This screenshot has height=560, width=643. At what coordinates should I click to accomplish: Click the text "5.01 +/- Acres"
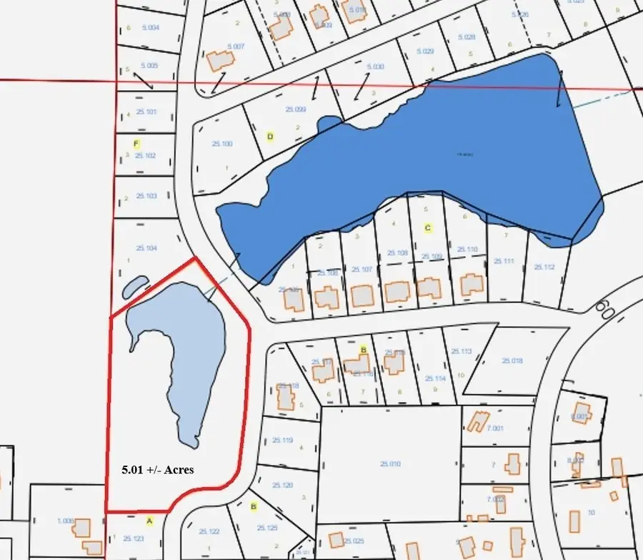tap(157, 470)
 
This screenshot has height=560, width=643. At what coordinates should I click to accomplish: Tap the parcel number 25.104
tap(146, 248)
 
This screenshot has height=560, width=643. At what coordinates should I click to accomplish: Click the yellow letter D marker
tap(270, 136)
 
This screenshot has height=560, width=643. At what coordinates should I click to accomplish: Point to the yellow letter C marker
tap(428, 228)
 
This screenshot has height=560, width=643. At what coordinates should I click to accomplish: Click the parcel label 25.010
tap(390, 464)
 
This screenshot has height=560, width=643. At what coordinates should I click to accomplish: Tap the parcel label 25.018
tap(512, 361)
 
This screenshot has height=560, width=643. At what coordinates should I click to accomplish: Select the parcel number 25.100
tap(222, 144)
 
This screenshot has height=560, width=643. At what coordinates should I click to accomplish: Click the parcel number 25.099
tap(295, 109)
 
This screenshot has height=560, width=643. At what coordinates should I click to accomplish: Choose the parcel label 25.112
tap(544, 267)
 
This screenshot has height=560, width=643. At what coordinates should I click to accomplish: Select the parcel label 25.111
tap(504, 261)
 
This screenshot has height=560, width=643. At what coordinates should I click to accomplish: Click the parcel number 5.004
tap(149, 28)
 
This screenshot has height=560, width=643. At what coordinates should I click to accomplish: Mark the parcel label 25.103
tap(146, 196)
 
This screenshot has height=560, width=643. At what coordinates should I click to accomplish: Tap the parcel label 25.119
tap(283, 441)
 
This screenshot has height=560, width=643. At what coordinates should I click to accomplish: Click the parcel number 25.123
tap(134, 539)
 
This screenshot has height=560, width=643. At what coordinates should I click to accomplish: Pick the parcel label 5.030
tap(375, 67)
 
